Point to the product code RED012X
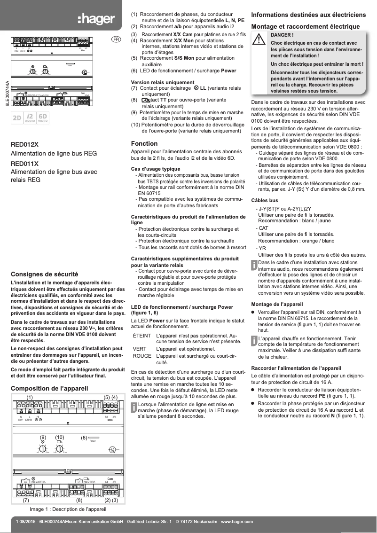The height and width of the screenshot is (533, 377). (x=25, y=144)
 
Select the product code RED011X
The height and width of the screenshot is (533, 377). (x=25, y=164)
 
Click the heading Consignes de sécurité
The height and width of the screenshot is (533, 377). (x=44, y=274)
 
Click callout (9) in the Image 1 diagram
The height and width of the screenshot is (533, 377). (x=43, y=438)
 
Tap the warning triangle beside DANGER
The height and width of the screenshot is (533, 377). (x=259, y=40)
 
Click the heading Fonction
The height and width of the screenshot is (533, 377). (x=144, y=143)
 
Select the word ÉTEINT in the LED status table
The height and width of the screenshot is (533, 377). (x=141, y=336)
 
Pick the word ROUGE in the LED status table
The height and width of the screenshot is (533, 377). (x=142, y=356)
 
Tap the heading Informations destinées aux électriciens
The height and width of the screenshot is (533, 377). (x=309, y=15)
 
